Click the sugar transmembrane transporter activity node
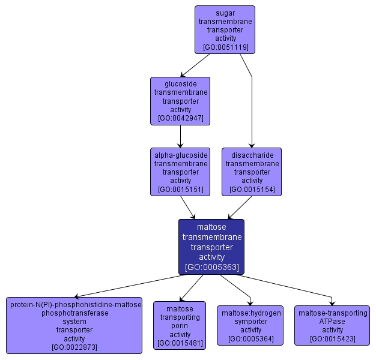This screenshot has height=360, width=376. [x=225, y=29]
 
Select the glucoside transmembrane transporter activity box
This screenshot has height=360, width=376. [x=180, y=101]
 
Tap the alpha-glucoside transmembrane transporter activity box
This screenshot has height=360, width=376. [x=180, y=172]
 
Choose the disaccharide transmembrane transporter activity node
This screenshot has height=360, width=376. [x=252, y=172]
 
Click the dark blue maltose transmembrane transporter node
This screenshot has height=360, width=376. [x=211, y=247]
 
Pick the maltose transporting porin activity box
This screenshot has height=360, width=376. [x=180, y=325]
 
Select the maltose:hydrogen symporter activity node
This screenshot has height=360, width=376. [x=250, y=325]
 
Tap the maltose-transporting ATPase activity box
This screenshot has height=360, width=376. [x=332, y=325]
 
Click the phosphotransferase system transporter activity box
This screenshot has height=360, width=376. [x=75, y=325]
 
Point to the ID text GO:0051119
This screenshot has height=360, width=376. [x=225, y=47]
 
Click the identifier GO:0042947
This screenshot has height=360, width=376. [x=180, y=118]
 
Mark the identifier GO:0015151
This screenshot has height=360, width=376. [x=180, y=190]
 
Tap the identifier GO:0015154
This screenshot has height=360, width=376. [x=252, y=190]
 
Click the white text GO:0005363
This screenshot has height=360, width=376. [x=211, y=266]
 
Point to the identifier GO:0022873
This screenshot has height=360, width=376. [x=75, y=347]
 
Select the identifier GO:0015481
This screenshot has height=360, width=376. [x=180, y=344]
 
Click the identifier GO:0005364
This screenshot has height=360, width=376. [x=250, y=339]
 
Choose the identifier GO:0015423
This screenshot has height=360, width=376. [x=332, y=339]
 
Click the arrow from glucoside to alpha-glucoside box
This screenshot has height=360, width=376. [x=180, y=137]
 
